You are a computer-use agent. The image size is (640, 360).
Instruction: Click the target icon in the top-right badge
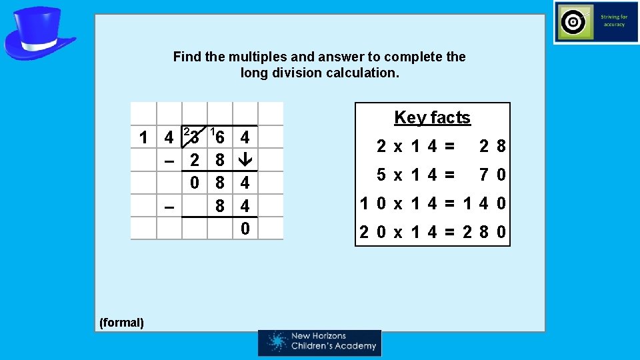pos(573,23)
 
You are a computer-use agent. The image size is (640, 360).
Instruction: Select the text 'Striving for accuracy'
pos(613,21)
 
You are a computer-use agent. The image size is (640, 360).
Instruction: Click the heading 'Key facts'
pos(432,117)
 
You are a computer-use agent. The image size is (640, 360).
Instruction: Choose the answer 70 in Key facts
pos(492,175)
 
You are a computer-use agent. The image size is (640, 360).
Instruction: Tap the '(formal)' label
pos(121,323)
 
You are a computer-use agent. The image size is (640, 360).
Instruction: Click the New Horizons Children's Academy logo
pos(320,342)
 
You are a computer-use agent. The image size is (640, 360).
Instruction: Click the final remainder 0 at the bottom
pos(245,229)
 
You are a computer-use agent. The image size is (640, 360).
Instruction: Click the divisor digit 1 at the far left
pos(143,138)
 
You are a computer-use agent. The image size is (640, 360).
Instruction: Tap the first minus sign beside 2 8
pos(169,160)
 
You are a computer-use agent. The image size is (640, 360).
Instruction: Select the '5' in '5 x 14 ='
pos(381,175)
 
